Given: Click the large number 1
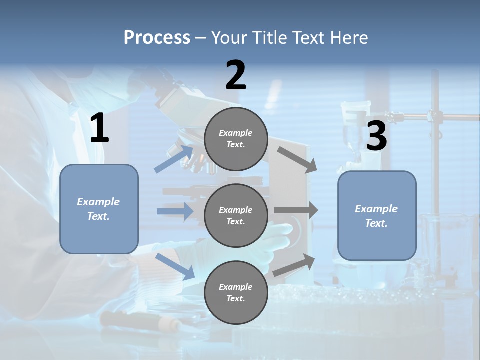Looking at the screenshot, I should [x=99, y=128].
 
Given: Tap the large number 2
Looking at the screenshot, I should [x=236, y=75].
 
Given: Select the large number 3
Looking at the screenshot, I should [x=376, y=136].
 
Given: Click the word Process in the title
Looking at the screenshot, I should [x=157, y=37].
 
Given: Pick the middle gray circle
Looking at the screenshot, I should [x=236, y=216].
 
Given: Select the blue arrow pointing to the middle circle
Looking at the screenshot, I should [x=175, y=212].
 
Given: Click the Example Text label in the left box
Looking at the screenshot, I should [x=99, y=209].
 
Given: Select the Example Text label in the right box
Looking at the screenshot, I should [x=377, y=216].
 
